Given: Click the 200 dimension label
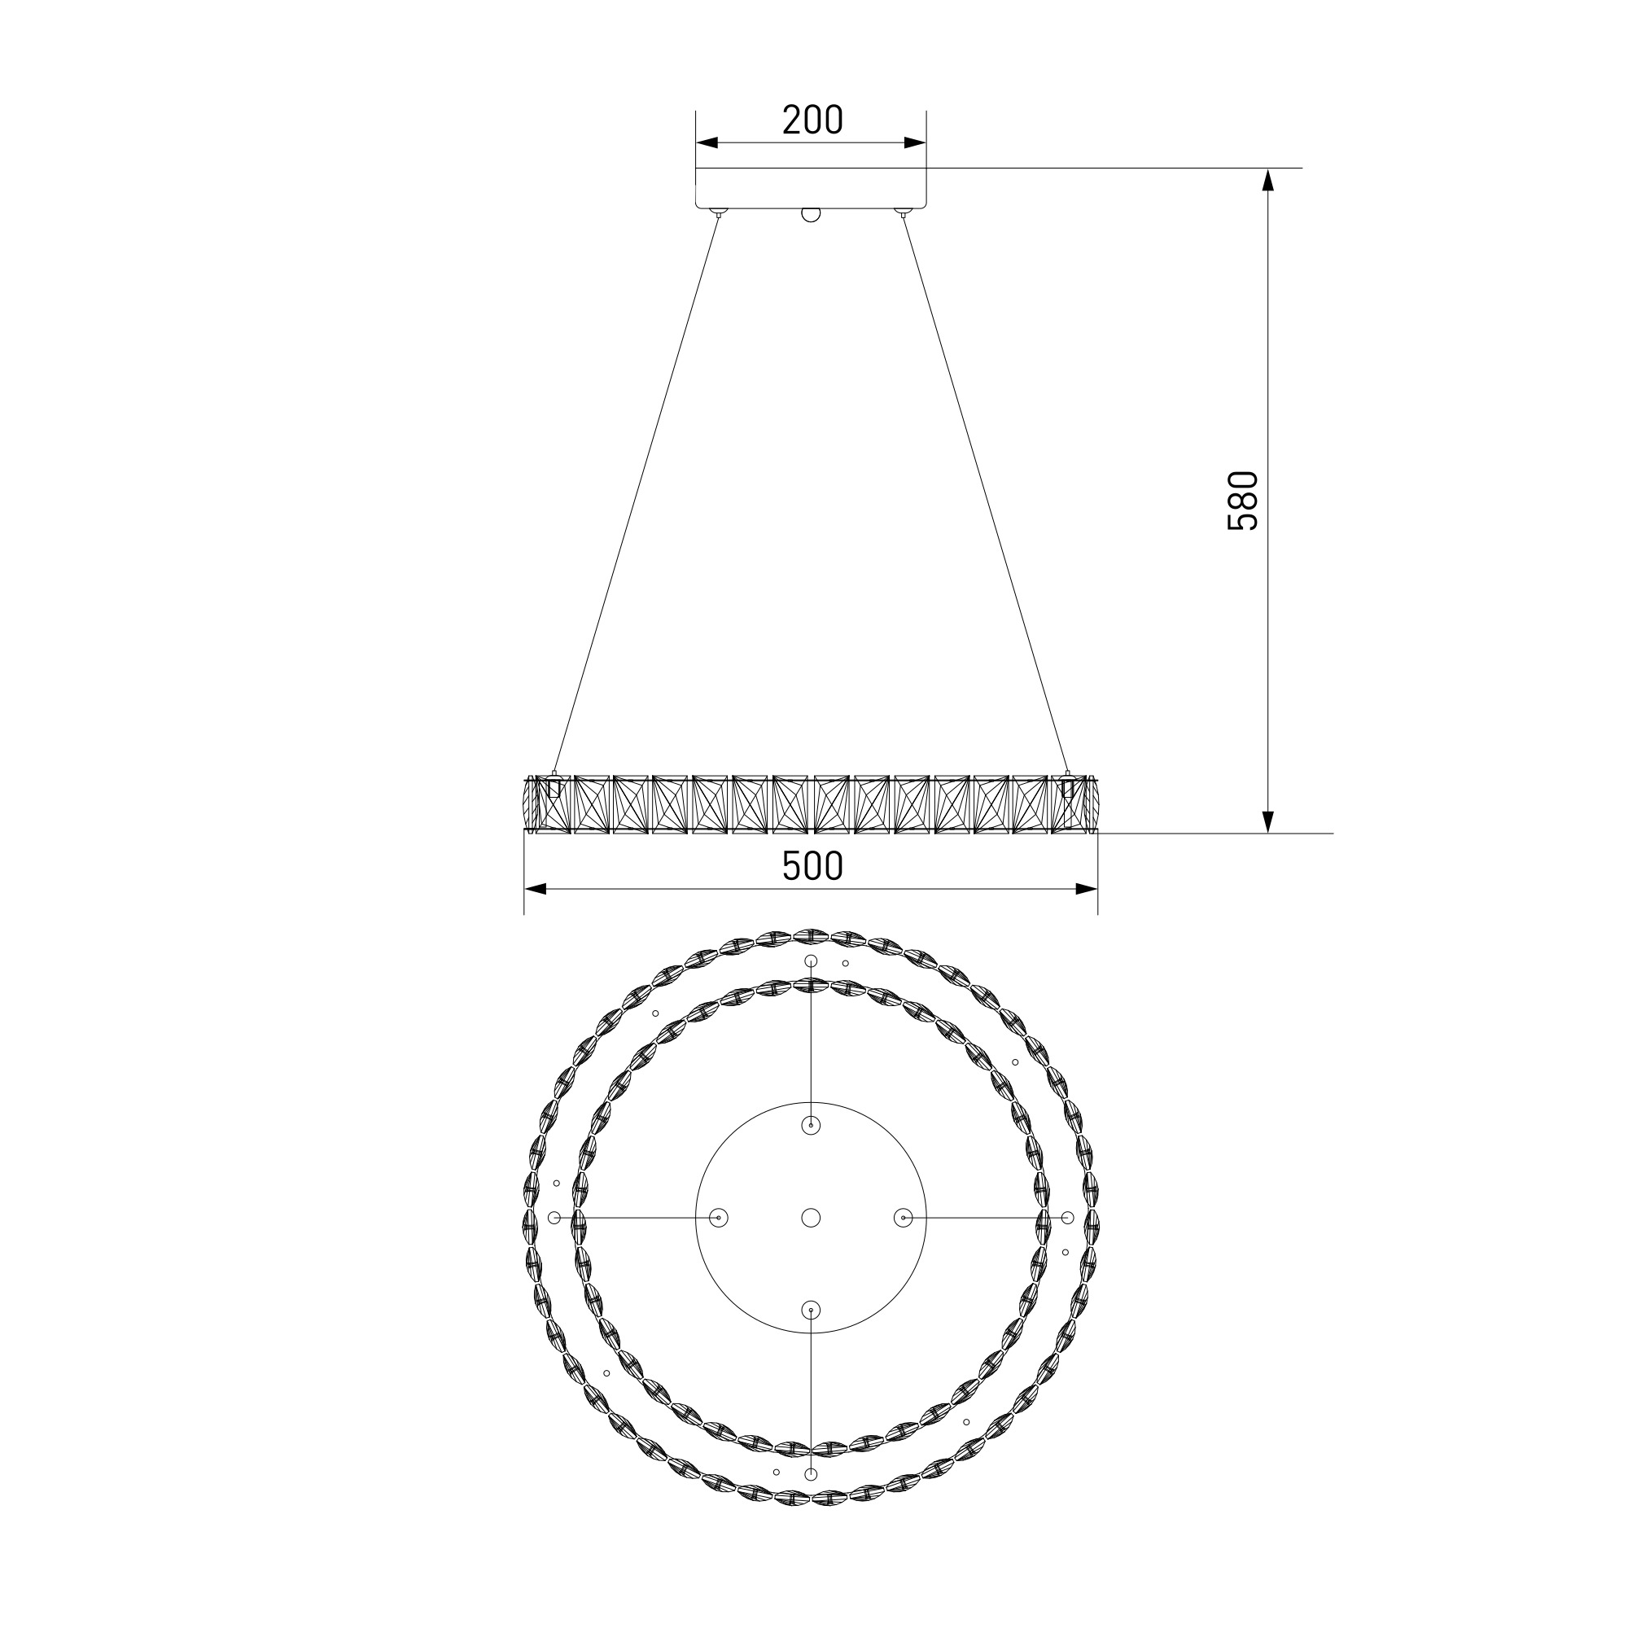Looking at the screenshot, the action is (812, 120).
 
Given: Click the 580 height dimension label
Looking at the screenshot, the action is (1243, 501).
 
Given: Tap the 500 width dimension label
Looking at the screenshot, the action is (812, 866).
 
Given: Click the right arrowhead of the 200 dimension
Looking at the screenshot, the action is (915, 143).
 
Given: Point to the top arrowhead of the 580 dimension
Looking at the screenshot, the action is (1268, 179).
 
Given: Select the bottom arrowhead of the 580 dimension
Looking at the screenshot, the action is (1268, 821).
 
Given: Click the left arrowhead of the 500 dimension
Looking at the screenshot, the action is (535, 889).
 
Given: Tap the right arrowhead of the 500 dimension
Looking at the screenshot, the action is (1087, 889).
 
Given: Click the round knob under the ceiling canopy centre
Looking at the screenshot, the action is (811, 214).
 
